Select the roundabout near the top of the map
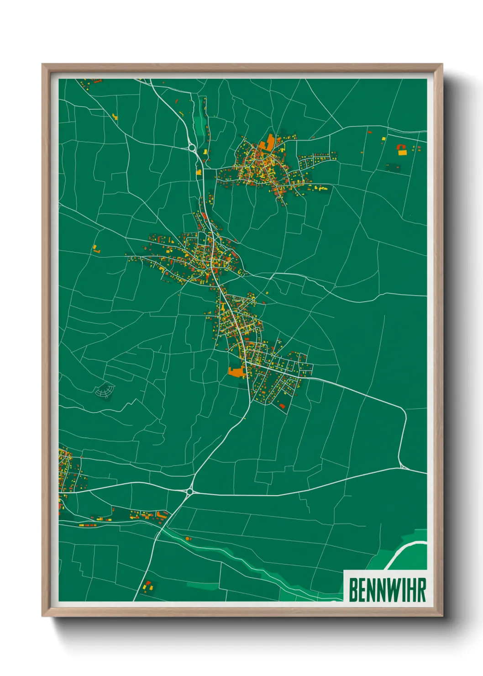pyautogui.click(x=191, y=147)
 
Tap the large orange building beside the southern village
pyautogui.click(x=236, y=372)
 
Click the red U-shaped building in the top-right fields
pyautogui.click(x=402, y=147)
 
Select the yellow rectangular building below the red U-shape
pyautogui.click(x=402, y=153)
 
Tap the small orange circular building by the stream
pyautogui.click(x=187, y=539)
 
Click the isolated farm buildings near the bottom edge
pyautogui.click(x=147, y=585)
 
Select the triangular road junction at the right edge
pyautogui.click(x=403, y=466)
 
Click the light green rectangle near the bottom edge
pyautogui.click(x=203, y=586)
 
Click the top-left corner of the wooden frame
pyautogui.click(x=43, y=65)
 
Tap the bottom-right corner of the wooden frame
pyautogui.click(x=441, y=616)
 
